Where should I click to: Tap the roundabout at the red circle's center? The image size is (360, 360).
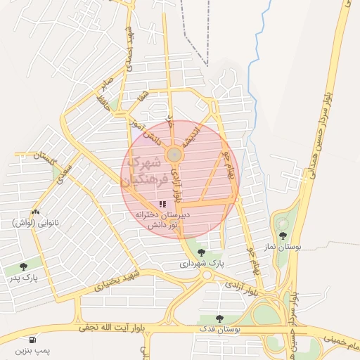[173, 154]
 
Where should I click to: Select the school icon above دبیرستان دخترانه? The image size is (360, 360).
[162, 204]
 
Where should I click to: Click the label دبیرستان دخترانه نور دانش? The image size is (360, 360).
[162, 217]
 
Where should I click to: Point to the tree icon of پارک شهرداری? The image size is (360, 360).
[202, 252]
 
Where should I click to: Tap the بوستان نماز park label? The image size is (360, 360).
[283, 247]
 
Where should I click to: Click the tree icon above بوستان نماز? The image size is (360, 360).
[283, 236]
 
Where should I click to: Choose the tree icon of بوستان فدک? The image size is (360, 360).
[220, 318]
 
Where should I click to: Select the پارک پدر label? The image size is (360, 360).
[24, 278]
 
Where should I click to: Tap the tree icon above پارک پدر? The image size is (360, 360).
[24, 266]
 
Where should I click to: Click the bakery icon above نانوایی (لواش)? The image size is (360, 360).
[34, 211]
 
